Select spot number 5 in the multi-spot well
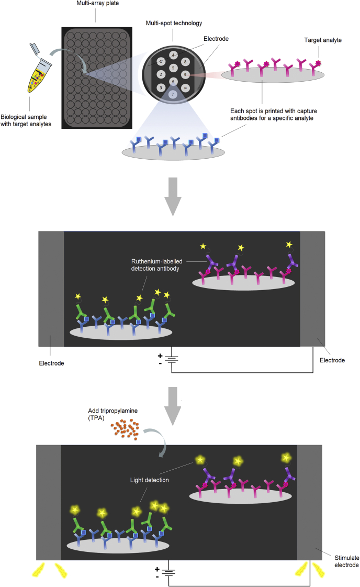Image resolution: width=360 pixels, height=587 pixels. pos(173,68)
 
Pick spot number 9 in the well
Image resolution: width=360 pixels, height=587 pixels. pos(185,74)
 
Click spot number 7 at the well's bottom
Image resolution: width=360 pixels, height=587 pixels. pos(173,94)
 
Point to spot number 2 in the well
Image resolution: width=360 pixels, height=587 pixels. pos(161,74)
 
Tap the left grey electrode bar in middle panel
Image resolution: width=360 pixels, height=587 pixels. pos(51,288)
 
